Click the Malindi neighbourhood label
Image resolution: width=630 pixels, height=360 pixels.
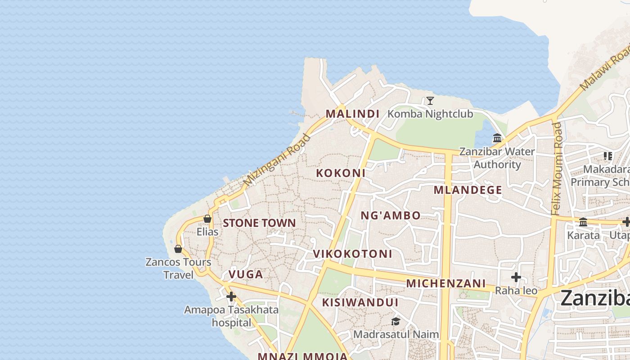(x=352, y=114)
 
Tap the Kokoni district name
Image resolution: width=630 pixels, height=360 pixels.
(x=340, y=173)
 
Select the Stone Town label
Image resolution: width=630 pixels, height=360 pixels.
(x=259, y=223)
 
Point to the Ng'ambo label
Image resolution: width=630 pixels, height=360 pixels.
(x=391, y=216)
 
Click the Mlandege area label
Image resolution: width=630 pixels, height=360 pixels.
(x=468, y=190)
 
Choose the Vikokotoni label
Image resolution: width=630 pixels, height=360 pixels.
(x=352, y=254)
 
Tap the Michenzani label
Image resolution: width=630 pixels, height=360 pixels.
(x=446, y=283)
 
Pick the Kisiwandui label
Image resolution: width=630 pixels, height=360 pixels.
(x=360, y=302)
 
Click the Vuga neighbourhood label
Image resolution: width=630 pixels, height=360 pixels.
(x=245, y=274)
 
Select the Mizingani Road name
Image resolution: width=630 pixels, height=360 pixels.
(x=277, y=160)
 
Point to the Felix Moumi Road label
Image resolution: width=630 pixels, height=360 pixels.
(x=557, y=168)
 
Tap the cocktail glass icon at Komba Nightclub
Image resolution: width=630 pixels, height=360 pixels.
(x=430, y=101)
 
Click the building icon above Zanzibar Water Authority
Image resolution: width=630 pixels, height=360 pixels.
(x=497, y=138)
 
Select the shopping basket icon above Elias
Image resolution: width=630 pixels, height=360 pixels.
(x=207, y=219)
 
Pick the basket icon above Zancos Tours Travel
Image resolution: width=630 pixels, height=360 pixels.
(x=178, y=248)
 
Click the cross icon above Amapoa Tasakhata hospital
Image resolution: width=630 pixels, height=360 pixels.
(x=231, y=297)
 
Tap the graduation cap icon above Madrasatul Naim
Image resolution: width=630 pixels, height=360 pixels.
(x=396, y=321)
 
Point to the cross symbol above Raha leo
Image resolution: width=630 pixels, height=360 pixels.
(x=516, y=277)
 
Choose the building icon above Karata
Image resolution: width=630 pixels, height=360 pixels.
(x=583, y=222)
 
